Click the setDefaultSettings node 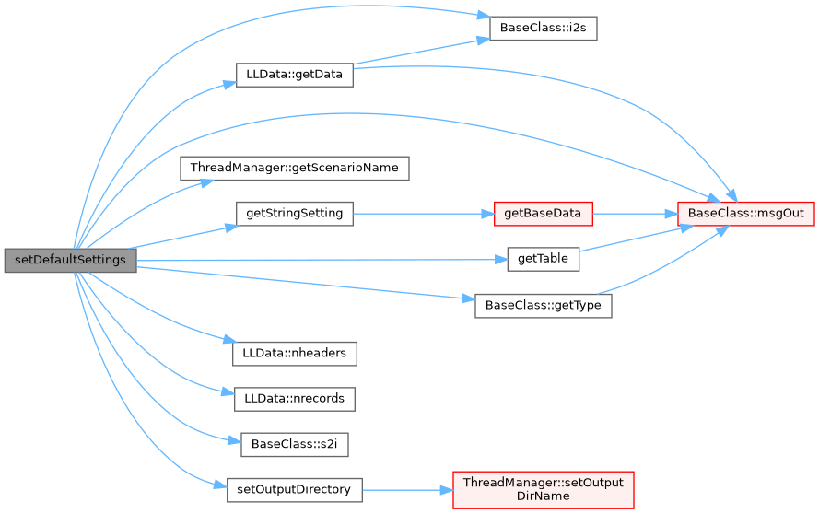pyautogui.click(x=70, y=260)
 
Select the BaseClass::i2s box pyautogui.click(x=544, y=28)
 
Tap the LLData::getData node pyautogui.click(x=295, y=76)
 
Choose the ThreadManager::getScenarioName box pyautogui.click(x=295, y=169)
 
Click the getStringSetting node pyautogui.click(x=295, y=213)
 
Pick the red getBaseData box pyautogui.click(x=543, y=213)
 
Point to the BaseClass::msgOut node pyautogui.click(x=747, y=213)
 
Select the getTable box pyautogui.click(x=544, y=260)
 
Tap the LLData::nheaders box pyautogui.click(x=295, y=353)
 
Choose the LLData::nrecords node pyautogui.click(x=295, y=399)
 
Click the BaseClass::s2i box pyautogui.click(x=295, y=443)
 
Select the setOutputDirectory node pyautogui.click(x=295, y=489)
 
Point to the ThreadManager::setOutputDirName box pyautogui.click(x=544, y=489)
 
